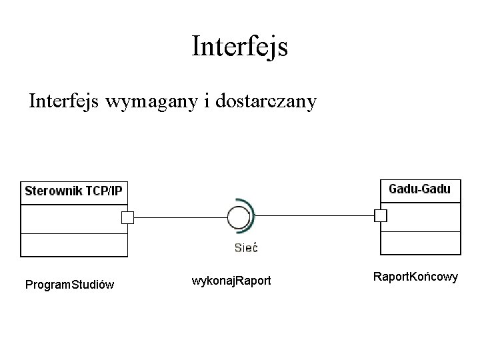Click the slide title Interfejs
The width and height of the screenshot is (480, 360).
point(239,47)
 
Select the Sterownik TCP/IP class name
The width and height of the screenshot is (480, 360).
point(73,191)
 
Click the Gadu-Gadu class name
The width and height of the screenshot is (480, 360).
point(419,189)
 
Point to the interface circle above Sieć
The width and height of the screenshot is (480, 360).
point(238,217)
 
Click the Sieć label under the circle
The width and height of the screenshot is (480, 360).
point(245,248)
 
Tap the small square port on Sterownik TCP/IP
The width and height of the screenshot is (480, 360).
point(127,217)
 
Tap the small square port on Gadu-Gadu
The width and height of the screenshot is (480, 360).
point(381,215)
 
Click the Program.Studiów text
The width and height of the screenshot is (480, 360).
point(69,285)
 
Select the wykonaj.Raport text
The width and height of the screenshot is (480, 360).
point(231,280)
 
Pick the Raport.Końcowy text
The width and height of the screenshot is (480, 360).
point(415,276)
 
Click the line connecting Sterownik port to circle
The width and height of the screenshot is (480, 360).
point(180,217)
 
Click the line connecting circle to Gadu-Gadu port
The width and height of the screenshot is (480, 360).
point(313,216)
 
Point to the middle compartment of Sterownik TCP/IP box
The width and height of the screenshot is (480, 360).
point(73,219)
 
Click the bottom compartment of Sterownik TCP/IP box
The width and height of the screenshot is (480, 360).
point(73,245)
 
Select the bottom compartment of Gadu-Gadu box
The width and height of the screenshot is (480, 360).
point(420,242)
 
